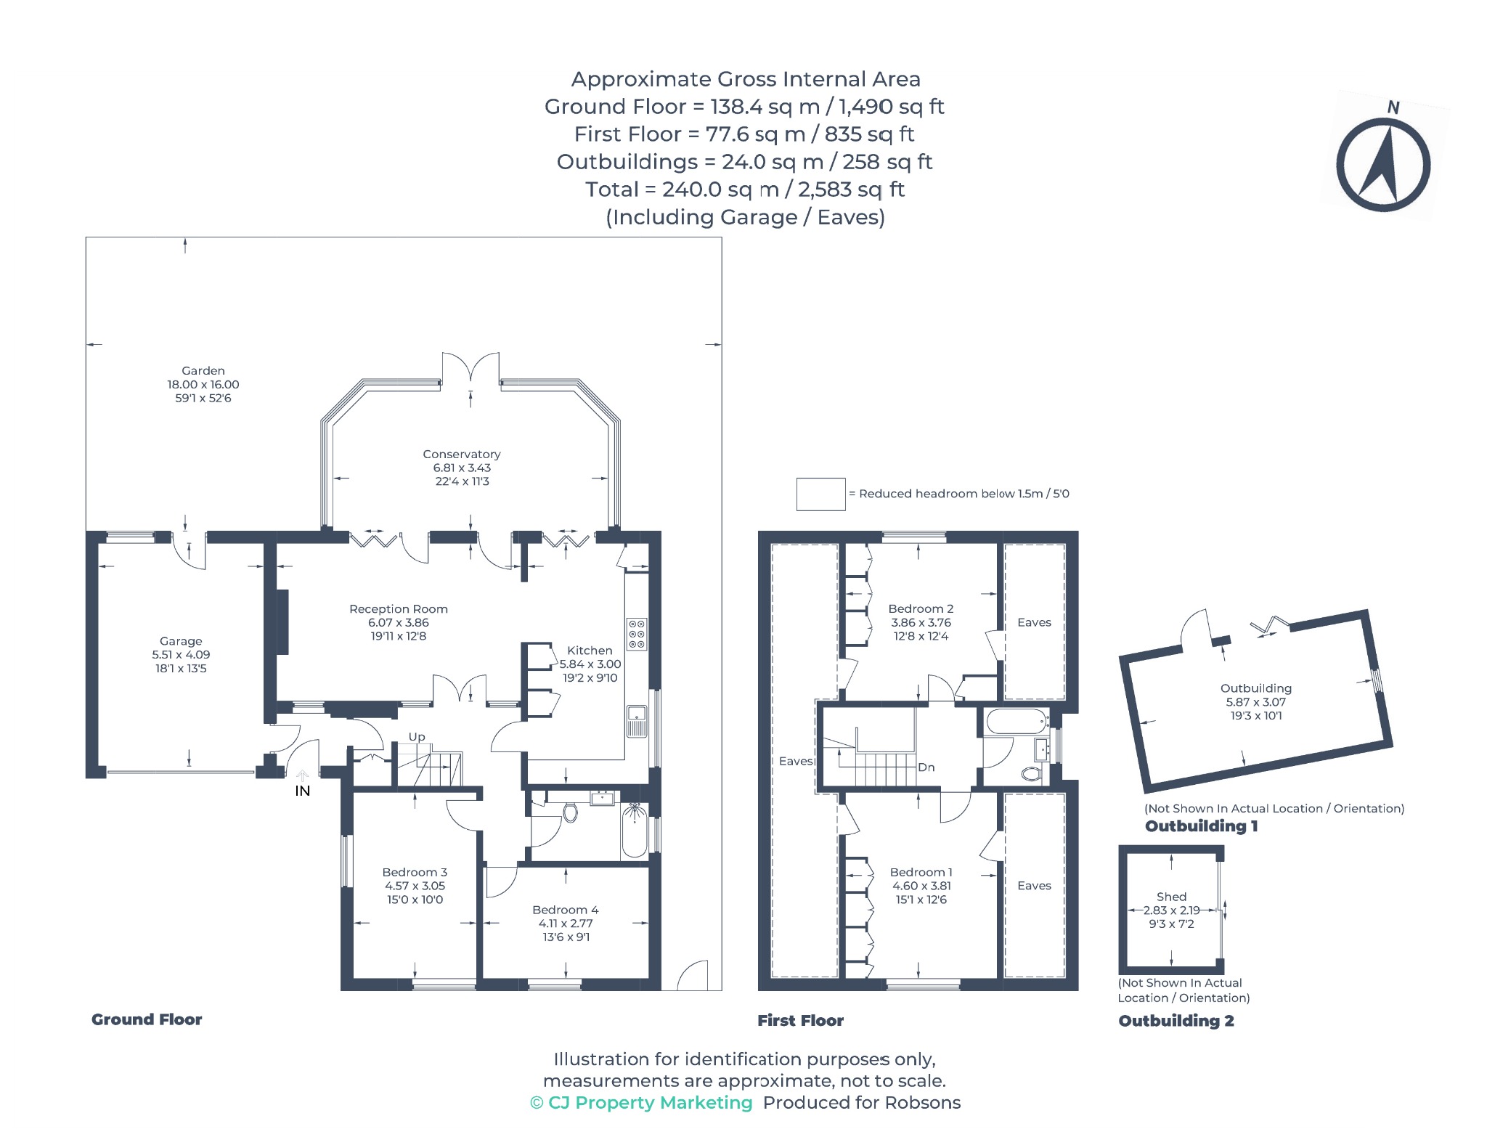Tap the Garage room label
coord(181,641)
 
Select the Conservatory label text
coord(462,454)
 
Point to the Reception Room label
coord(399,608)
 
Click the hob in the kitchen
coord(637,634)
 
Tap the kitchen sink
coord(637,721)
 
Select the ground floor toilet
coord(570,812)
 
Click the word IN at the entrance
coord(303,791)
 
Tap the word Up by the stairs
coord(417,737)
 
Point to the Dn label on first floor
coord(926,767)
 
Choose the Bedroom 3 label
coord(415,872)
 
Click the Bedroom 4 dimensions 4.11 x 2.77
coord(566,924)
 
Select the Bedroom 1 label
coord(921,872)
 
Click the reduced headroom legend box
coord(821,494)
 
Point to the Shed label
coord(1171,897)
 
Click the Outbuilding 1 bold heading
coord(1201,826)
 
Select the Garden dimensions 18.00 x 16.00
coord(203,385)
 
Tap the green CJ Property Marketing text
coord(641,1103)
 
